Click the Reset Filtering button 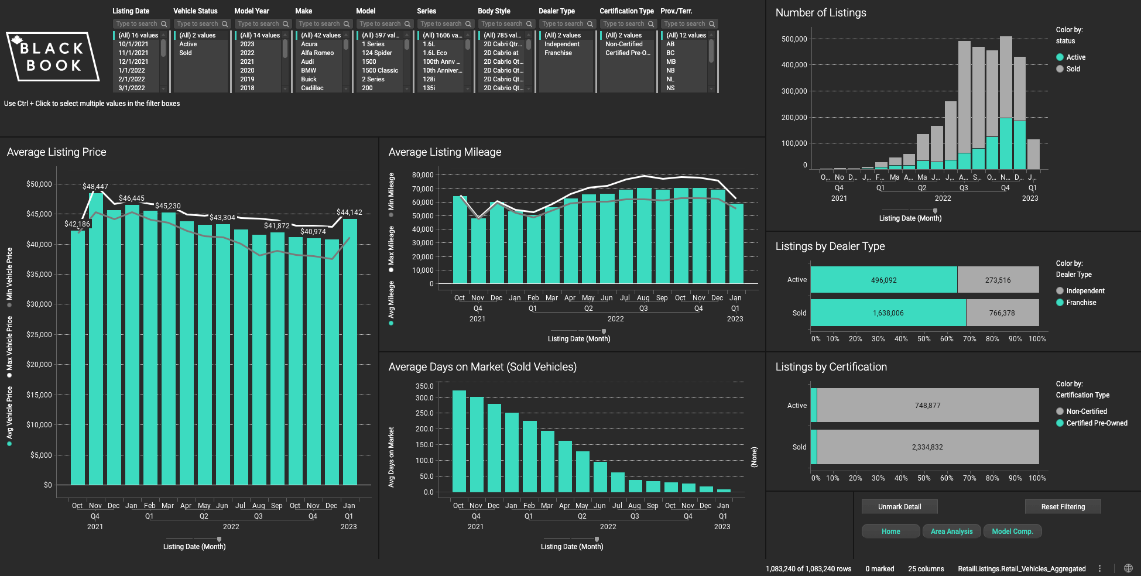[x=1063, y=507]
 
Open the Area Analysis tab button [x=951, y=532]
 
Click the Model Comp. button [x=1012, y=532]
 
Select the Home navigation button [x=890, y=532]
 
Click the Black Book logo [x=53, y=57]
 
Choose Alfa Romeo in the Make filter [x=317, y=53]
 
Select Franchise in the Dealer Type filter [x=558, y=53]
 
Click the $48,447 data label [x=95, y=187]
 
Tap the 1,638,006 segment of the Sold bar [x=888, y=313]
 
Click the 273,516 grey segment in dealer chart [x=998, y=280]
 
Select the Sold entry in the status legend [x=1073, y=69]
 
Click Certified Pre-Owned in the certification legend [x=1096, y=423]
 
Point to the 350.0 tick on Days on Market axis [x=424, y=386]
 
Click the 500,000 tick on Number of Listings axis [x=794, y=39]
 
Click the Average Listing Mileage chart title [x=444, y=152]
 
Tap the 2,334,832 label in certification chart [x=927, y=447]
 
